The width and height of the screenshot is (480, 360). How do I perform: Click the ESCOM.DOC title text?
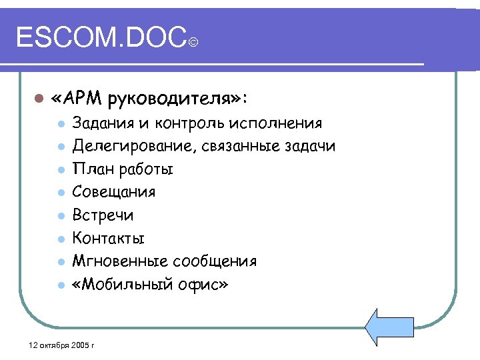coord(100,38)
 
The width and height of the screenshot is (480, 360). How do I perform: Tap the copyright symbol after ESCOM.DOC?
coord(193,43)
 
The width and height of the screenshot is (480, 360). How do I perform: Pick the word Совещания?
coord(113,192)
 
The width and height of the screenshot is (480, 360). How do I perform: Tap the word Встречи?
coord(103,215)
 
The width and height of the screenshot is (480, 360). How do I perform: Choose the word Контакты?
coord(108,238)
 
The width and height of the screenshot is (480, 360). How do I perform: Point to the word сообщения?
coord(213,261)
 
